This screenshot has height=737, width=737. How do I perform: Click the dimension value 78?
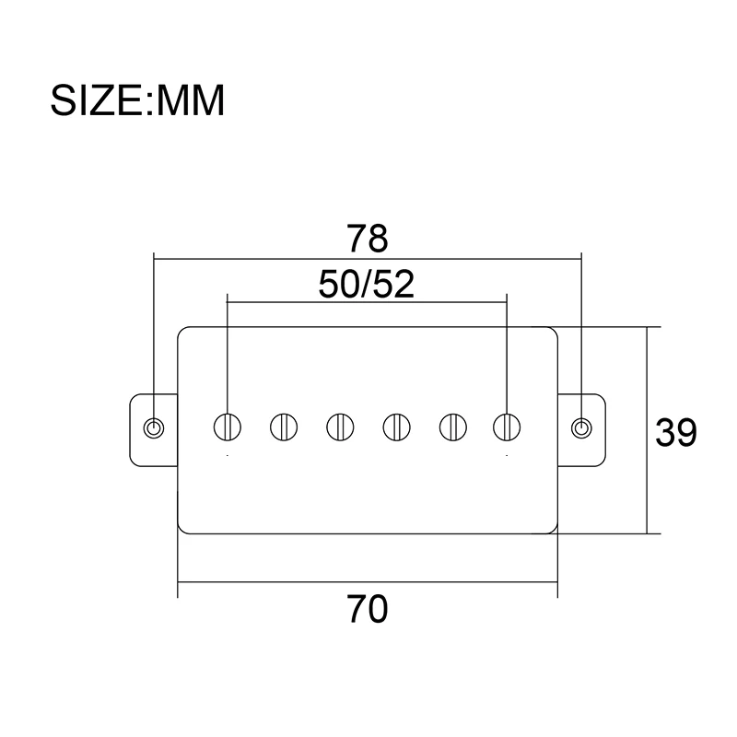click(368, 239)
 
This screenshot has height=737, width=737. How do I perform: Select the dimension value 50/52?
click(367, 284)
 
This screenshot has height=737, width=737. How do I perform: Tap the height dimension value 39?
click(675, 432)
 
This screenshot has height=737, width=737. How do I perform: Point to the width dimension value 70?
click(368, 609)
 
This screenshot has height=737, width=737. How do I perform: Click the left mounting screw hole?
click(155, 427)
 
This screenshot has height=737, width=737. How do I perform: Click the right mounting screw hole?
click(581, 427)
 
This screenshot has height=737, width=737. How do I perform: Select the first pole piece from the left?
click(228, 427)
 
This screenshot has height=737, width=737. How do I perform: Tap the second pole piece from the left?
click(284, 427)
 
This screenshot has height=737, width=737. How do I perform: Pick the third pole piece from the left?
click(340, 427)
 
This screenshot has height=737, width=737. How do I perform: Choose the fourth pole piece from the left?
click(396, 427)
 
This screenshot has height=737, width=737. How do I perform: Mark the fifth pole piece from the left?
click(451, 427)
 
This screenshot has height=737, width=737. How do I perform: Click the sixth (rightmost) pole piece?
click(506, 427)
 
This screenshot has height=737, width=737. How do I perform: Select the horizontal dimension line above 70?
click(276, 582)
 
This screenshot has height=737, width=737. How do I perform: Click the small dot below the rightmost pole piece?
click(506, 456)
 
